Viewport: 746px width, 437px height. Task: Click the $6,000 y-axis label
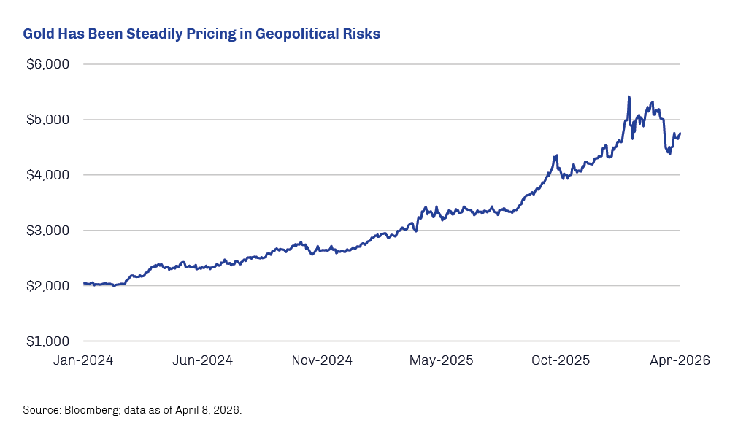[x=47, y=64]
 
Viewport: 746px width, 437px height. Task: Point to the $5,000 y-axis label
[x=47, y=120]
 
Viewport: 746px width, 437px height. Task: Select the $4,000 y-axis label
[x=47, y=175]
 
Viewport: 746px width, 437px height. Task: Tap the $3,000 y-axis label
[x=47, y=231]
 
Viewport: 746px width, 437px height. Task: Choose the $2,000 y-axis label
[x=47, y=286]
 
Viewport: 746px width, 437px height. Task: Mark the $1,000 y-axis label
[x=47, y=341]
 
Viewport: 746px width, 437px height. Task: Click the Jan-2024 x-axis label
[x=83, y=360]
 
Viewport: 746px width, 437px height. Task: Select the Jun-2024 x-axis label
[x=203, y=360]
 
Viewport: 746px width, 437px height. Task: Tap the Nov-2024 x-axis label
[x=323, y=360]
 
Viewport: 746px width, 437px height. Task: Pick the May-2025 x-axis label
[x=442, y=360]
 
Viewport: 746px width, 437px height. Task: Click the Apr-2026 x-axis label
[x=680, y=360]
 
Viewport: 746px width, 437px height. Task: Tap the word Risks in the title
[x=362, y=34]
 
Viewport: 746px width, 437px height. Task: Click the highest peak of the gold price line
[x=628, y=96]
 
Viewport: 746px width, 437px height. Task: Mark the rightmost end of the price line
[x=680, y=134]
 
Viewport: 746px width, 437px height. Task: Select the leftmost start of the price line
[x=84, y=283]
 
